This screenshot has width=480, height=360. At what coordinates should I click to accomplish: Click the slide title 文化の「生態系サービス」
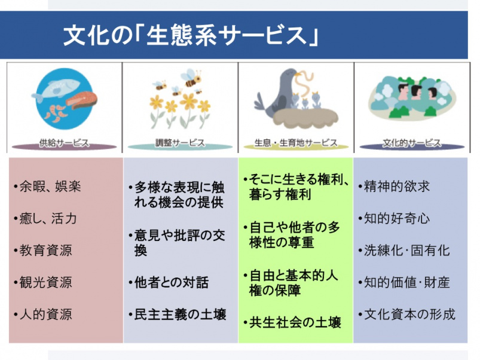[191, 35]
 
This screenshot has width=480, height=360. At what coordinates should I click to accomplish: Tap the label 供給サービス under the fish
[64, 143]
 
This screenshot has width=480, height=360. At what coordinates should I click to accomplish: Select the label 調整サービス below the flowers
[180, 143]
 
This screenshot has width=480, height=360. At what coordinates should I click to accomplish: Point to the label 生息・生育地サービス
[296, 143]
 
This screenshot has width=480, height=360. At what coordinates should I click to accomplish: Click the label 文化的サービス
[412, 143]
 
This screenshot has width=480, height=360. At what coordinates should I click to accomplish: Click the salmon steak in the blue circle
[81, 100]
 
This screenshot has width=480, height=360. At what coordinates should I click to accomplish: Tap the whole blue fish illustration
[56, 90]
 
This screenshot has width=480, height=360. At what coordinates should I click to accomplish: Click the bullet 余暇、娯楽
[47, 187]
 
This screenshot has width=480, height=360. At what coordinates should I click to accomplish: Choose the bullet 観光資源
[42, 282]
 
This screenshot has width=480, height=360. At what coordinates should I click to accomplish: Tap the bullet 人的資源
[42, 315]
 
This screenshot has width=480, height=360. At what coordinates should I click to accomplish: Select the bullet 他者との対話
[169, 282]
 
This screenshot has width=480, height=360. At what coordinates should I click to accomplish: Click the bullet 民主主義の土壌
[178, 315]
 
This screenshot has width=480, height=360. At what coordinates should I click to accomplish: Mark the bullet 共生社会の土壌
[292, 322]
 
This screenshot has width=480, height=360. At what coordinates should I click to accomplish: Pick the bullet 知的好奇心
[395, 219]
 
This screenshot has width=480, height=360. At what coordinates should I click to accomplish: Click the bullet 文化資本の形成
[407, 315]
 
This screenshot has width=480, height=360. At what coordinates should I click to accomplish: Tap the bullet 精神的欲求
[395, 187]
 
